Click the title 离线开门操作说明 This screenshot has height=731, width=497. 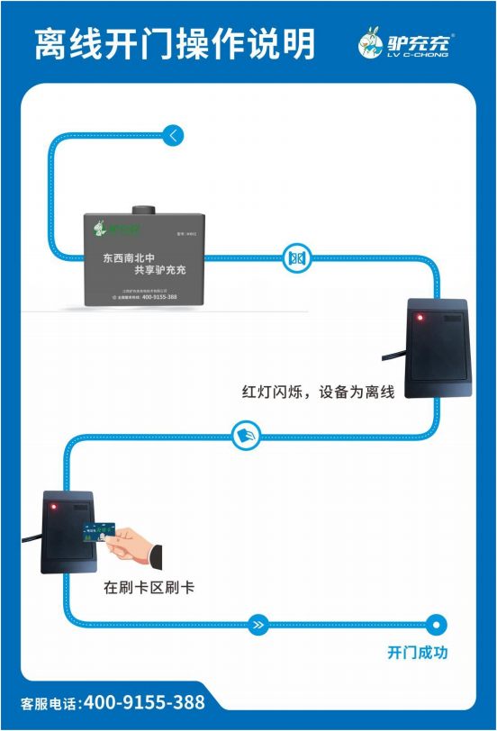175,43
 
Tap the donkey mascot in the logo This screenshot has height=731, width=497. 373,42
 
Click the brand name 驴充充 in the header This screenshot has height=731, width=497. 421,40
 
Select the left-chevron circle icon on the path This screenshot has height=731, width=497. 172,136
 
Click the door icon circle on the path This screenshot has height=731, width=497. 296,258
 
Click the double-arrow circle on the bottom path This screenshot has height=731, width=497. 258,623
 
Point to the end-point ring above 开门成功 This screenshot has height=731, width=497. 437,623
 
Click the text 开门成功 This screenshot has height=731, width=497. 417,653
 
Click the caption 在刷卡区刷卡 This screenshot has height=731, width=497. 149,588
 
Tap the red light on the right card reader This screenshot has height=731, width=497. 418,317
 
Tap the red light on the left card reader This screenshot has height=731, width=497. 53,507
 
